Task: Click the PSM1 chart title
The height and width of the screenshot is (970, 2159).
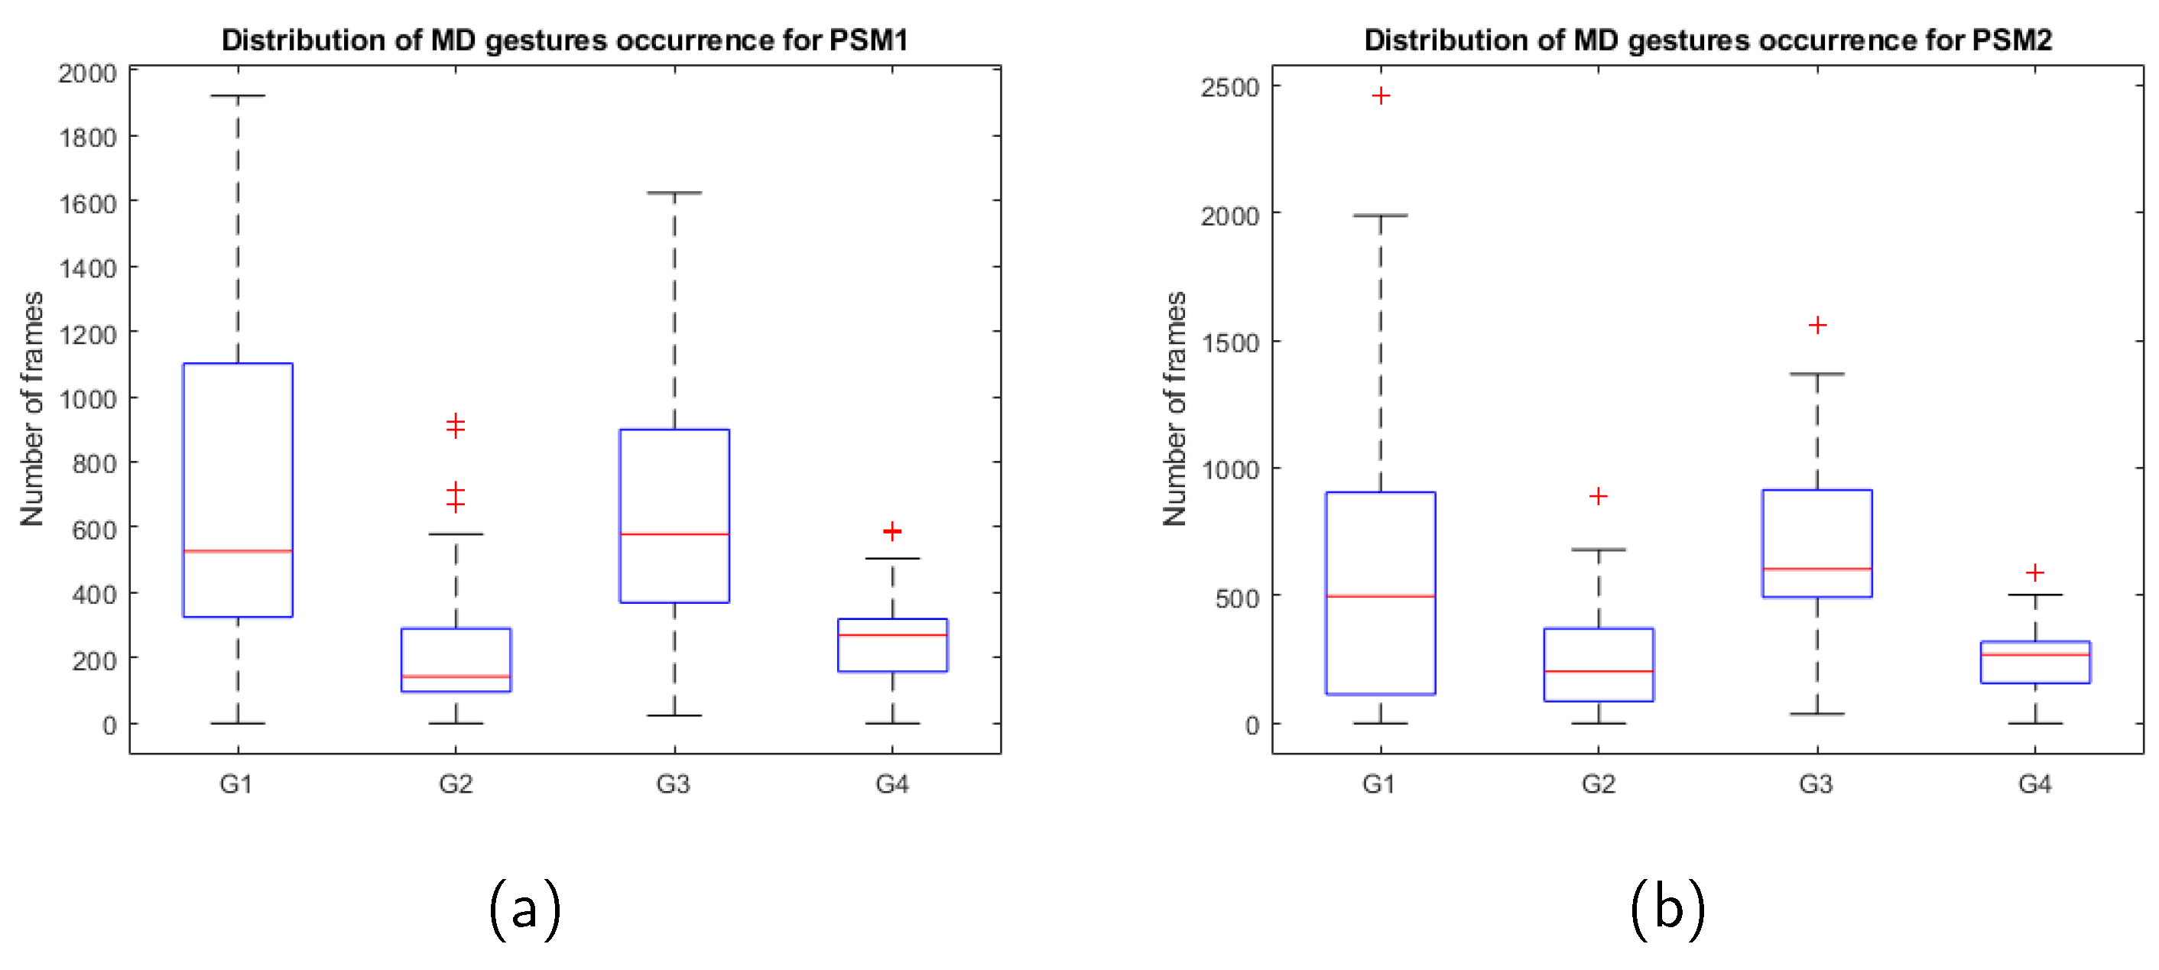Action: click(x=564, y=40)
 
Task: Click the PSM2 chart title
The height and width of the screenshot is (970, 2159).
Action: click(x=1707, y=40)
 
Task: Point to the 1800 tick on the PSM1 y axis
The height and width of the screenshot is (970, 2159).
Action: click(x=88, y=138)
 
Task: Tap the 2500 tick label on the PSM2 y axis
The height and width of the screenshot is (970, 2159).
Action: click(x=1229, y=87)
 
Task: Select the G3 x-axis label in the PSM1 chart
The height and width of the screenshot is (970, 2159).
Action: click(x=673, y=784)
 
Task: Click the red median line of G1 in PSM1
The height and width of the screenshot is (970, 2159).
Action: click(x=238, y=550)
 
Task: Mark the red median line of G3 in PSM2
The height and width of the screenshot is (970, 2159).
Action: click(x=1817, y=569)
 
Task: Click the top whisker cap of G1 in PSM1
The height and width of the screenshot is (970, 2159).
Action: click(x=238, y=96)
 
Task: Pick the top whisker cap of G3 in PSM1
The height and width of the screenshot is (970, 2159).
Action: click(x=674, y=193)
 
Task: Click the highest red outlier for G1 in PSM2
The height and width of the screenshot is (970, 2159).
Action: click(x=1381, y=96)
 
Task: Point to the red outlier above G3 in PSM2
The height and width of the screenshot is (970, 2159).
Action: click(x=1817, y=325)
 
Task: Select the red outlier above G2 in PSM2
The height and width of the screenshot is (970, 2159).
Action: click(x=1599, y=496)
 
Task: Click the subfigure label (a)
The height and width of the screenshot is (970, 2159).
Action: click(x=524, y=908)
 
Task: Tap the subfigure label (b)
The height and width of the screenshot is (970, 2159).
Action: click(x=1667, y=908)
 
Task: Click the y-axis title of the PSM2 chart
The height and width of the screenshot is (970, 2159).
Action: click(x=1175, y=409)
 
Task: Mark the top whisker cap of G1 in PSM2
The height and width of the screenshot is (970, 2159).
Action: click(x=1381, y=216)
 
